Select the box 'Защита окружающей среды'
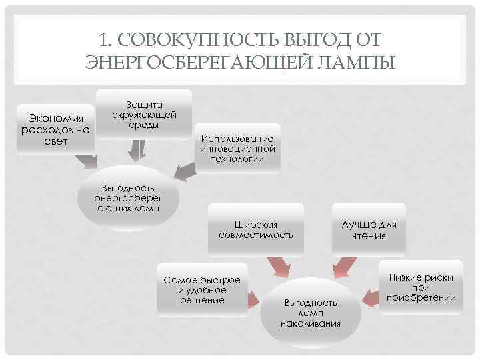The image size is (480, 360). click(x=144, y=115)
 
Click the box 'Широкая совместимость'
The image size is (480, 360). click(x=256, y=229)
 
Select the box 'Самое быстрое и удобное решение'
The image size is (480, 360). click(x=202, y=290)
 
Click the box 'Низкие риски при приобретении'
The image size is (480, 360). click(x=421, y=287)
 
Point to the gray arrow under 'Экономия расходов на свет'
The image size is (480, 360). click(x=85, y=162)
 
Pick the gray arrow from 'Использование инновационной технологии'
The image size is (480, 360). click(x=184, y=170)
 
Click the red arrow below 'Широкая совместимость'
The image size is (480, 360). click(x=274, y=268)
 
